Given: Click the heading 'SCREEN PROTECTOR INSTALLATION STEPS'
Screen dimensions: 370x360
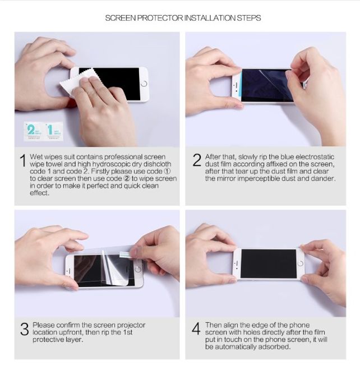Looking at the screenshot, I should tap(183, 18).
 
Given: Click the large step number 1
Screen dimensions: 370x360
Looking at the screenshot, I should tap(23, 161).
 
